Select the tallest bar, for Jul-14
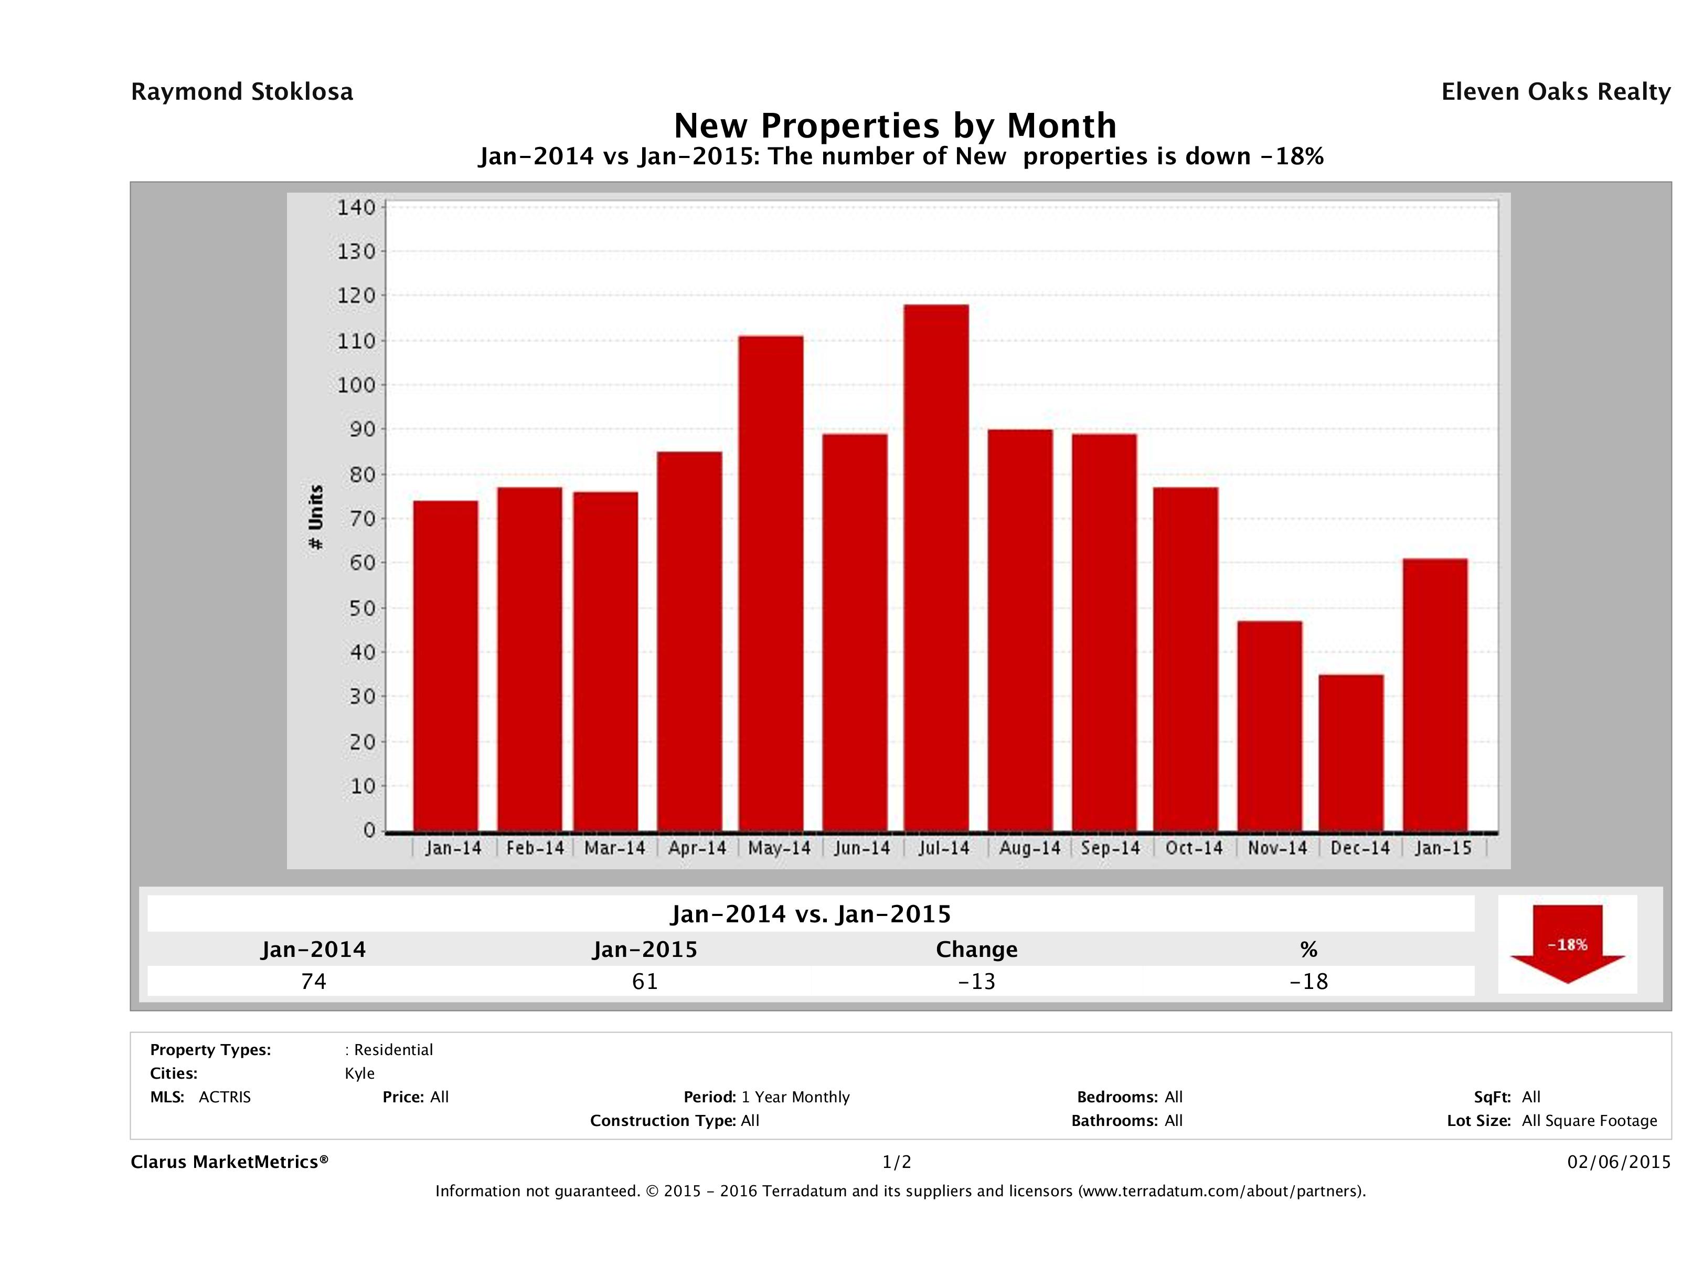[936, 567]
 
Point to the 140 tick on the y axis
[357, 207]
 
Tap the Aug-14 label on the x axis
[1029, 848]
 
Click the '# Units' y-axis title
[315, 518]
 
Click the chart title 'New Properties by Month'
[895, 125]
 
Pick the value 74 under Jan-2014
[314, 981]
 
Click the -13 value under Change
[977, 981]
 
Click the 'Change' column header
[977, 950]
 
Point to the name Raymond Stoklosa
[242, 92]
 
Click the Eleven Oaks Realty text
[1555, 92]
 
